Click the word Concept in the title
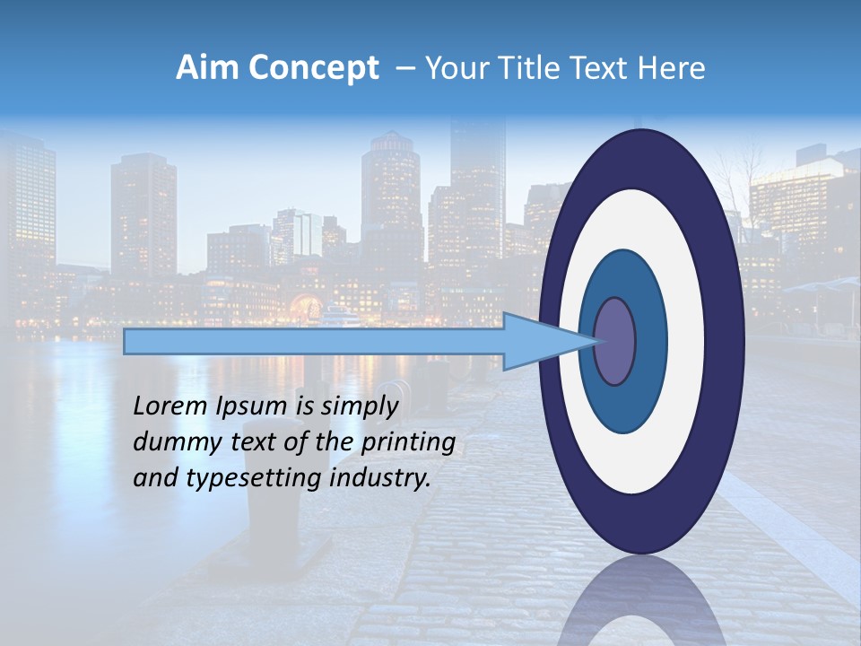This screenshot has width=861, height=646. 312,68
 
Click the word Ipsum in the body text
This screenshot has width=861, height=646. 254,406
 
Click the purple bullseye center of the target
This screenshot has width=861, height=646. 614,341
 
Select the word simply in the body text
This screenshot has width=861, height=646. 358,406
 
